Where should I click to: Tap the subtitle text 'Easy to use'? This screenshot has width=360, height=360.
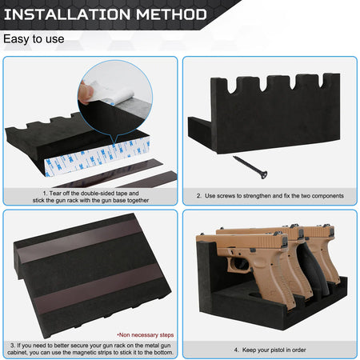click(34, 38)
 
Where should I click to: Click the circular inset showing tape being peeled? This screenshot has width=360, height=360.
click(115, 98)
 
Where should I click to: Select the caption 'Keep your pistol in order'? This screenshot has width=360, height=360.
click(269, 350)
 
